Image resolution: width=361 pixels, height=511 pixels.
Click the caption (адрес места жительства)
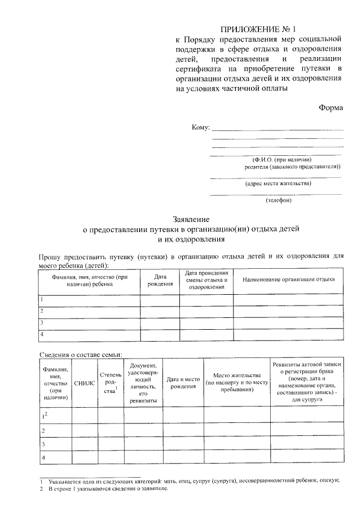pos(278,183)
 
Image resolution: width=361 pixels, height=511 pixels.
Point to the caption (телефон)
pos(278,200)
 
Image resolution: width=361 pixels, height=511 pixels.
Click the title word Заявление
pos(191,219)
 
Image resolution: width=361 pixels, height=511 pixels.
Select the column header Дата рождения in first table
pos(160,281)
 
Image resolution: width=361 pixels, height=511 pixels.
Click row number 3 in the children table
pos(42,322)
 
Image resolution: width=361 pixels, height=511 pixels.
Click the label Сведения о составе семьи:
pos(81,354)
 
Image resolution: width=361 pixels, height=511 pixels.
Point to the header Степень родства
pos(110,382)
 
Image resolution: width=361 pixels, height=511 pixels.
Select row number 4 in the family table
pos(43,457)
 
